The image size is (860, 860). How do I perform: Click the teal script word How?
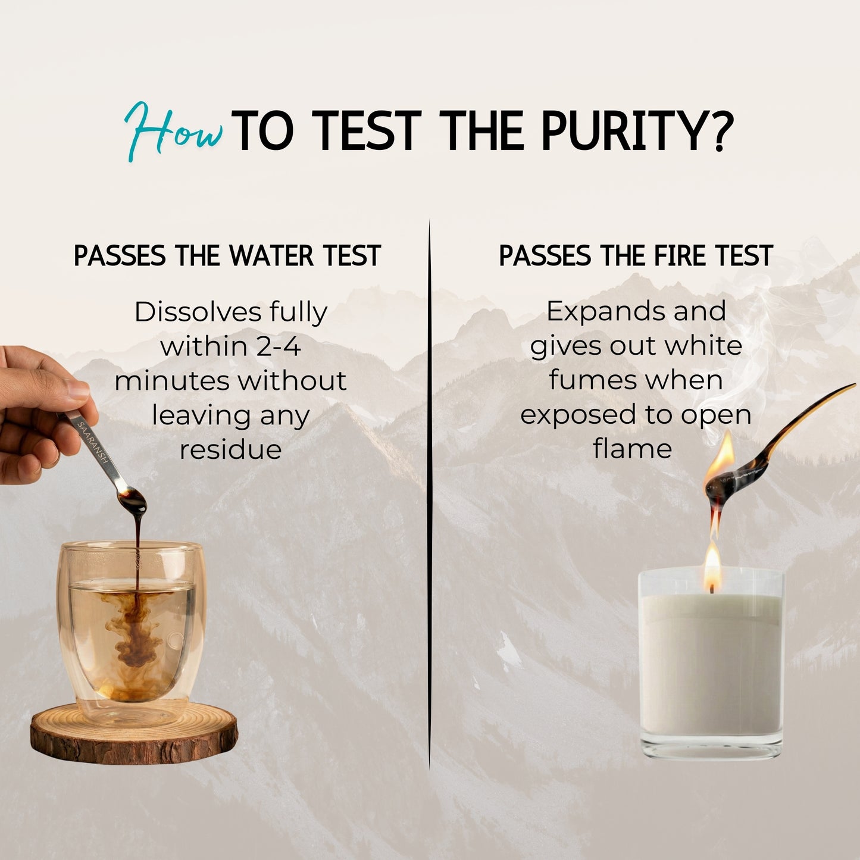tap(174, 131)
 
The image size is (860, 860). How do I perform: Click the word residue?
tap(231, 449)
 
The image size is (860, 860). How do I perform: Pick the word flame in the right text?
tap(633, 449)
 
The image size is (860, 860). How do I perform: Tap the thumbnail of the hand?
tap(79, 390)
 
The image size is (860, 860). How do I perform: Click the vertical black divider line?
tap(430, 493)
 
